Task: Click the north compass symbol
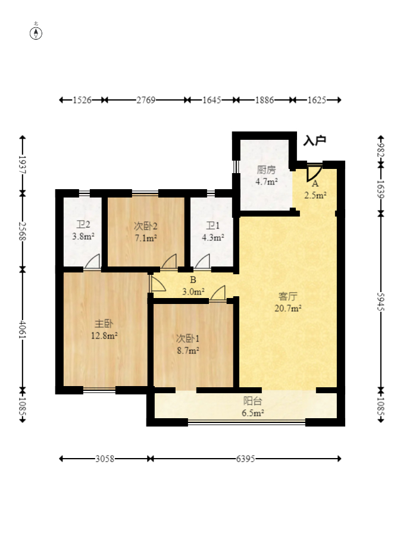[36, 33]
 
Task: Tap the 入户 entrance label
[314, 141]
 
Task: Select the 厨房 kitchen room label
[267, 170]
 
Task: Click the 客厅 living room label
[288, 296]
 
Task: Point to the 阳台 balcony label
[252, 401]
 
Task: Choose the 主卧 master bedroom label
[104, 324]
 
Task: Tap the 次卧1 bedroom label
[187, 338]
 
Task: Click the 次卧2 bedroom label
[146, 226]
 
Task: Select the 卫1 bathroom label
[213, 225]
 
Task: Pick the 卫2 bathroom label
[83, 224]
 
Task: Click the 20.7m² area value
[288, 308]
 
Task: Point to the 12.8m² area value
[104, 336]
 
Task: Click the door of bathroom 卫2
[92, 261]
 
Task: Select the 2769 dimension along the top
[146, 100]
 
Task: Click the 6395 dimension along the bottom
[245, 459]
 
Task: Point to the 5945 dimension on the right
[381, 302]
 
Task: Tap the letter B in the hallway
[193, 280]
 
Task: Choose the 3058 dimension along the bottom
[105, 459]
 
